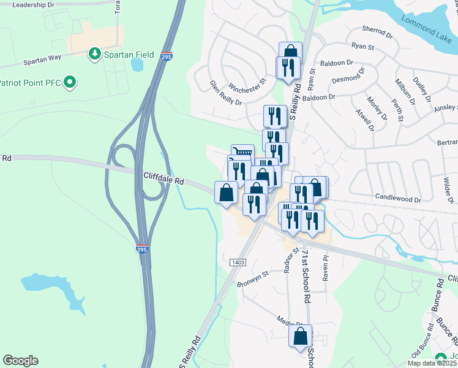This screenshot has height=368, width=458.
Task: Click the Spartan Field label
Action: click(128, 55)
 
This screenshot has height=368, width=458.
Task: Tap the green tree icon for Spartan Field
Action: click(95, 55)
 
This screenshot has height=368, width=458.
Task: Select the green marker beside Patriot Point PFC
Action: click(70, 82)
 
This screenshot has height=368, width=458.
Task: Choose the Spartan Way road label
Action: click(43, 62)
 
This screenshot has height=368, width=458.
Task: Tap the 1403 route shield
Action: click(238, 263)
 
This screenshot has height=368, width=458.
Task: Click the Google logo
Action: click(20, 361)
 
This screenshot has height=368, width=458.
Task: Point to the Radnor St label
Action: click(290, 260)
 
